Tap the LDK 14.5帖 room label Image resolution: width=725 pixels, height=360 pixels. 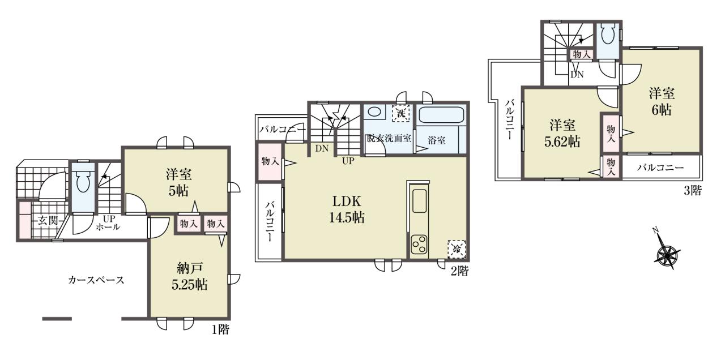[x=347, y=209]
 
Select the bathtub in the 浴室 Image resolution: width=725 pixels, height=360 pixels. [x=441, y=115]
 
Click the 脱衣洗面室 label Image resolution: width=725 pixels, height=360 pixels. [x=389, y=139]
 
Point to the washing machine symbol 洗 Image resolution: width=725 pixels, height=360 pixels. [x=401, y=113]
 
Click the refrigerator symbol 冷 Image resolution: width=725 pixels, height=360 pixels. [x=457, y=249]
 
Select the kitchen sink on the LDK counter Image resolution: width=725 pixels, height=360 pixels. [x=420, y=200]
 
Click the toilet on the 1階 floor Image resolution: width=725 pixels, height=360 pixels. [x=83, y=182]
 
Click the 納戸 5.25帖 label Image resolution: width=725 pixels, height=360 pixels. [x=190, y=276]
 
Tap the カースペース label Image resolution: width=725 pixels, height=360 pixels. [x=96, y=280]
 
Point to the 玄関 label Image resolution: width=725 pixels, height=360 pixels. [x=48, y=221]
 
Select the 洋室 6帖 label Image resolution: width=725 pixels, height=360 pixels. [x=662, y=101]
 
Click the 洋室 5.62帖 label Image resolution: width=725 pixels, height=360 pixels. [x=562, y=133]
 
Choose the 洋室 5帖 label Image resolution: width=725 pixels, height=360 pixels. [x=178, y=182]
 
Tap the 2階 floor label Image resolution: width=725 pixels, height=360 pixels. [x=459, y=271]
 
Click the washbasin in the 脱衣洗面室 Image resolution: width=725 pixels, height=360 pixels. [x=374, y=112]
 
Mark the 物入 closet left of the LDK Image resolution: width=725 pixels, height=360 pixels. [x=270, y=161]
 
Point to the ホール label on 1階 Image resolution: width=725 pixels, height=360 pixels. [x=108, y=227]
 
